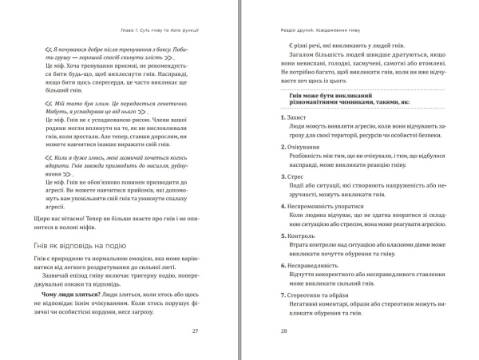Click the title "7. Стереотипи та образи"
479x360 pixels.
312,294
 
